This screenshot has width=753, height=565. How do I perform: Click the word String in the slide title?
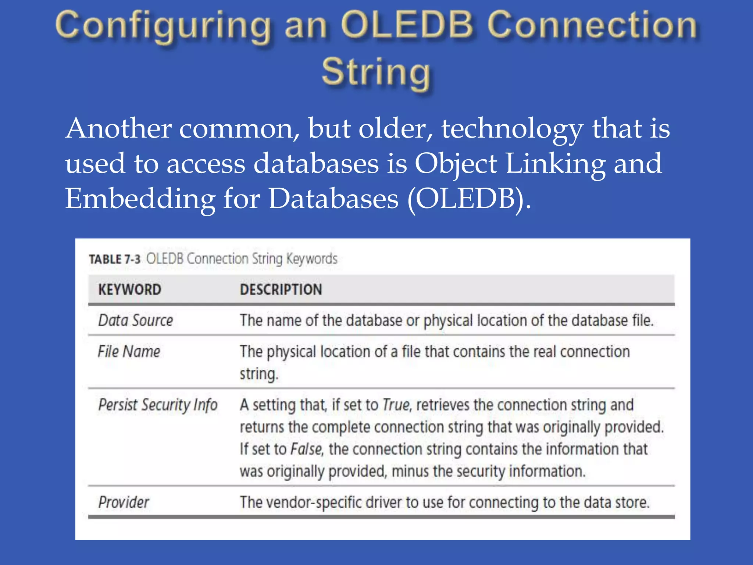376,71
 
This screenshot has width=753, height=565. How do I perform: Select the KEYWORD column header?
130,289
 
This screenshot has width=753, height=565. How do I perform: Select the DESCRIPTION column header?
281,289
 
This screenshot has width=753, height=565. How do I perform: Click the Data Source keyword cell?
135,320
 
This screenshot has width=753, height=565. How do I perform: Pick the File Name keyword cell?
129,352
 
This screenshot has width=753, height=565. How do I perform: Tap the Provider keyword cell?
124,502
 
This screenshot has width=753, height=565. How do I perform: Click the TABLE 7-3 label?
114,259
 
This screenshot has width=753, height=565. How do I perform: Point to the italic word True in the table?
396,405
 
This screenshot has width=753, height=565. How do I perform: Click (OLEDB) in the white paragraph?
469,199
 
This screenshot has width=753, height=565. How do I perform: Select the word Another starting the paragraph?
118,129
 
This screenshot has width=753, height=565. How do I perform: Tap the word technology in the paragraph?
512,129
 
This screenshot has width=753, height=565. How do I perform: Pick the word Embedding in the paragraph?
140,199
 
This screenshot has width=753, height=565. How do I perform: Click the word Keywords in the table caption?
312,259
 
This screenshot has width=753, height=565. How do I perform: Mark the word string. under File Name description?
259,374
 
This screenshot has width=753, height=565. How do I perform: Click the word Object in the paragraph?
456,164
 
